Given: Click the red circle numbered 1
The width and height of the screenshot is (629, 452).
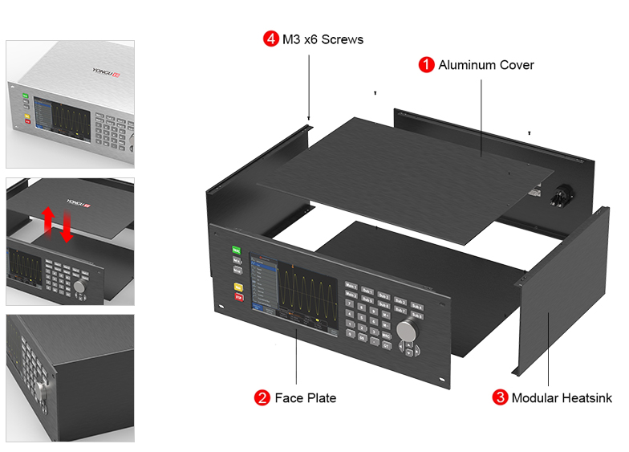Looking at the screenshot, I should [x=426, y=65].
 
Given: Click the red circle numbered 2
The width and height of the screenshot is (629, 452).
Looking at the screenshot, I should [x=262, y=397].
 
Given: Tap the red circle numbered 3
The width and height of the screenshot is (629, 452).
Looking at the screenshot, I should [x=500, y=397].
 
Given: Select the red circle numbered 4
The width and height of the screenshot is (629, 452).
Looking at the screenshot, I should [x=270, y=39].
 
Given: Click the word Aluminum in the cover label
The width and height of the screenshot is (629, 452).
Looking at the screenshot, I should [x=468, y=65].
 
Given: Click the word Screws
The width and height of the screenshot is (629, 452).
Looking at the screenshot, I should [x=343, y=39].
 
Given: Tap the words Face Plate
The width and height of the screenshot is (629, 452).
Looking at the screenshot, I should [x=306, y=397].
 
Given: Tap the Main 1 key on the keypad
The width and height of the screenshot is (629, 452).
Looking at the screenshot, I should [x=351, y=287].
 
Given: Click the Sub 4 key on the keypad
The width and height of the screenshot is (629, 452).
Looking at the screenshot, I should [x=416, y=307].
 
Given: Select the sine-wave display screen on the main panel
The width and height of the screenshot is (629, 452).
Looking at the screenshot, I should [x=293, y=288].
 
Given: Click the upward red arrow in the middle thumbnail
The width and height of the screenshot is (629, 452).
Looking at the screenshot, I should [x=49, y=218].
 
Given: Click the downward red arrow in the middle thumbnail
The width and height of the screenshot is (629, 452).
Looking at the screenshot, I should [x=67, y=227].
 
